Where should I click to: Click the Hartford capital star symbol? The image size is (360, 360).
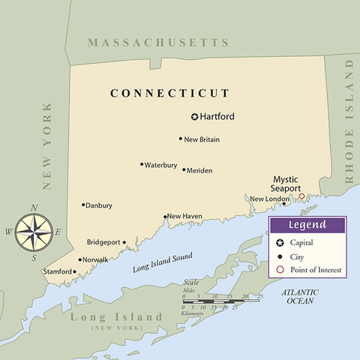[194, 117]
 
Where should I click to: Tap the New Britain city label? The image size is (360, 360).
[202, 139]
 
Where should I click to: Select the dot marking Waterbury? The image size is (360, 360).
[141, 164]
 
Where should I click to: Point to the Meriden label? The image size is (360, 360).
[199, 170]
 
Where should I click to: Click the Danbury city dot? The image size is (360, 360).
[83, 204]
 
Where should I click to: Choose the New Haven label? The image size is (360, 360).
[184, 216]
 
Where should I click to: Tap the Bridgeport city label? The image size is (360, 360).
[103, 242]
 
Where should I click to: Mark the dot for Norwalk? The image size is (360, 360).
[79, 259]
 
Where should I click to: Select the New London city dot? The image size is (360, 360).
[283, 204]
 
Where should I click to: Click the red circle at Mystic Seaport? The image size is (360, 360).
[301, 196]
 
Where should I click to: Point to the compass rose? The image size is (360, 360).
[34, 232]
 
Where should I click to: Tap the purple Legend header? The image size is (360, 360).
[307, 225]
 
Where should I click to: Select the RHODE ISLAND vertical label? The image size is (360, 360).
[349, 121]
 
